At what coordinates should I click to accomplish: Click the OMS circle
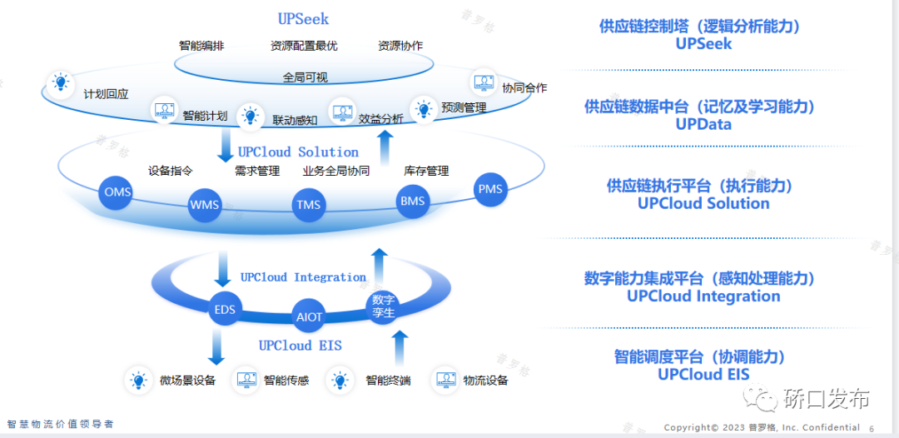(x=117, y=192)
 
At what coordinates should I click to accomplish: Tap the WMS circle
(x=204, y=204)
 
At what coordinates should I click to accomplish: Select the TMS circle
(x=309, y=205)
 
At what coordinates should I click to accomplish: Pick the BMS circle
(x=412, y=201)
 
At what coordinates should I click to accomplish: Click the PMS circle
(x=490, y=189)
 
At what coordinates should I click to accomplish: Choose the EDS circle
(x=225, y=311)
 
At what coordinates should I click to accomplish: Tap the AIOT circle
(x=309, y=316)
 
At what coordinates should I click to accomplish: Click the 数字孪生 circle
(x=383, y=306)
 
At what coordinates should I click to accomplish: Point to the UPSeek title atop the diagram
(x=303, y=18)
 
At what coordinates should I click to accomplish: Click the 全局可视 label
(x=305, y=77)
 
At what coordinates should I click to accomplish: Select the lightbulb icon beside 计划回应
(x=61, y=82)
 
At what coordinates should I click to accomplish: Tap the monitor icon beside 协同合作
(x=483, y=82)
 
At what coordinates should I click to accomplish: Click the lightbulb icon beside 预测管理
(x=424, y=109)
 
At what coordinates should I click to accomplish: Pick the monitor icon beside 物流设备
(x=445, y=381)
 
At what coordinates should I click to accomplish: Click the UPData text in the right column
(x=703, y=124)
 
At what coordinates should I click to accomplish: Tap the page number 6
(x=872, y=428)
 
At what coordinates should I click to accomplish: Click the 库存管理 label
(x=426, y=171)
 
